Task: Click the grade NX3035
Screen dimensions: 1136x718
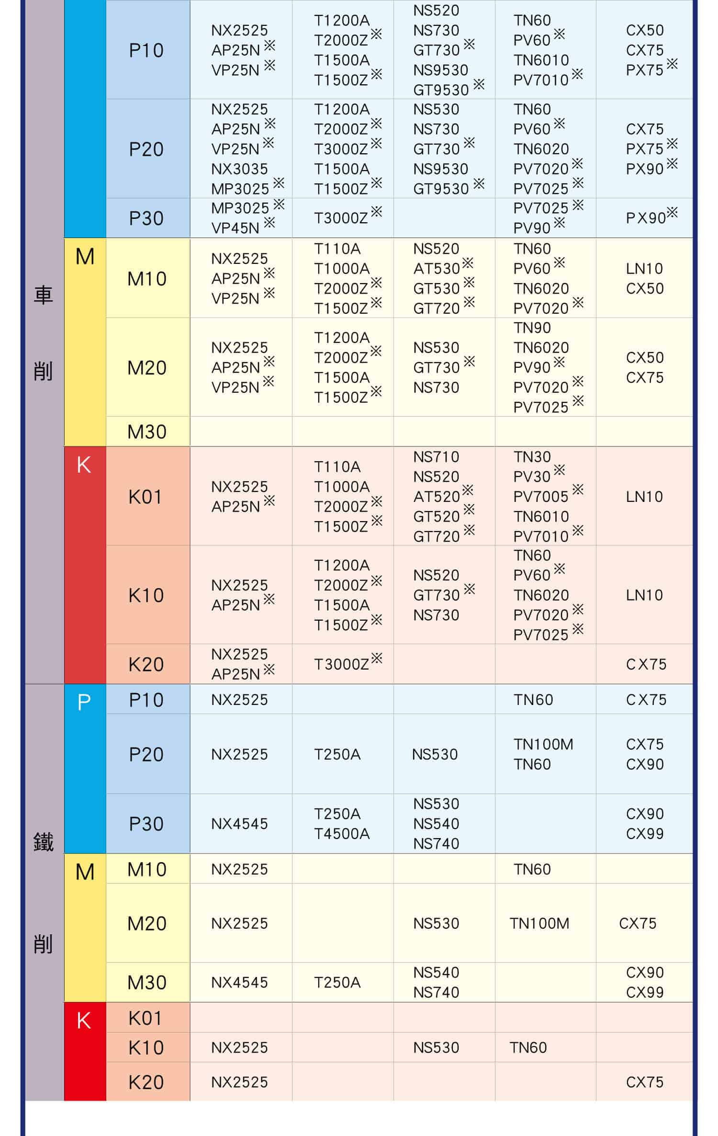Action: (x=239, y=169)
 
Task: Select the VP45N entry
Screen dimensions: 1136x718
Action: (x=235, y=228)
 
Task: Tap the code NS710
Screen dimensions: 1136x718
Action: (x=436, y=457)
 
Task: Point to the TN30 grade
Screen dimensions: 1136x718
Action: (x=532, y=457)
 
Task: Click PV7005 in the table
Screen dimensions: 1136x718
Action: (x=540, y=497)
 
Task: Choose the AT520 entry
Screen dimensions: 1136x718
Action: (x=436, y=497)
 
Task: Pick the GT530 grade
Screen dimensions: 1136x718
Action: (x=436, y=288)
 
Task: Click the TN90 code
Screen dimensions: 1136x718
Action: (x=532, y=328)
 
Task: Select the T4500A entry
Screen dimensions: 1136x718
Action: (x=342, y=833)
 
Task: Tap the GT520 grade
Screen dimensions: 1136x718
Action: (x=436, y=517)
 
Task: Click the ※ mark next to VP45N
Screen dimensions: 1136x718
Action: (x=269, y=223)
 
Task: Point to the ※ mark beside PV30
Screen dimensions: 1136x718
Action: (x=559, y=471)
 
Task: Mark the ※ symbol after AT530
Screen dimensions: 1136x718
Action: (x=468, y=263)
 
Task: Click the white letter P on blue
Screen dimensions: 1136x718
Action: (x=84, y=703)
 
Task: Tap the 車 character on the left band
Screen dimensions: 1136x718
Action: (x=43, y=295)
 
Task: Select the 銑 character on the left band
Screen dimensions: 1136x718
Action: (x=43, y=842)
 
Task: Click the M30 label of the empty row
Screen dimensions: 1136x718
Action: (x=147, y=432)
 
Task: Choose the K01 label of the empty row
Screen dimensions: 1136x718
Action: (x=146, y=1019)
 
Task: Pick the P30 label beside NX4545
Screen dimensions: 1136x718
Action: (x=146, y=824)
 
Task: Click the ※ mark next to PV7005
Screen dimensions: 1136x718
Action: (x=578, y=489)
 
